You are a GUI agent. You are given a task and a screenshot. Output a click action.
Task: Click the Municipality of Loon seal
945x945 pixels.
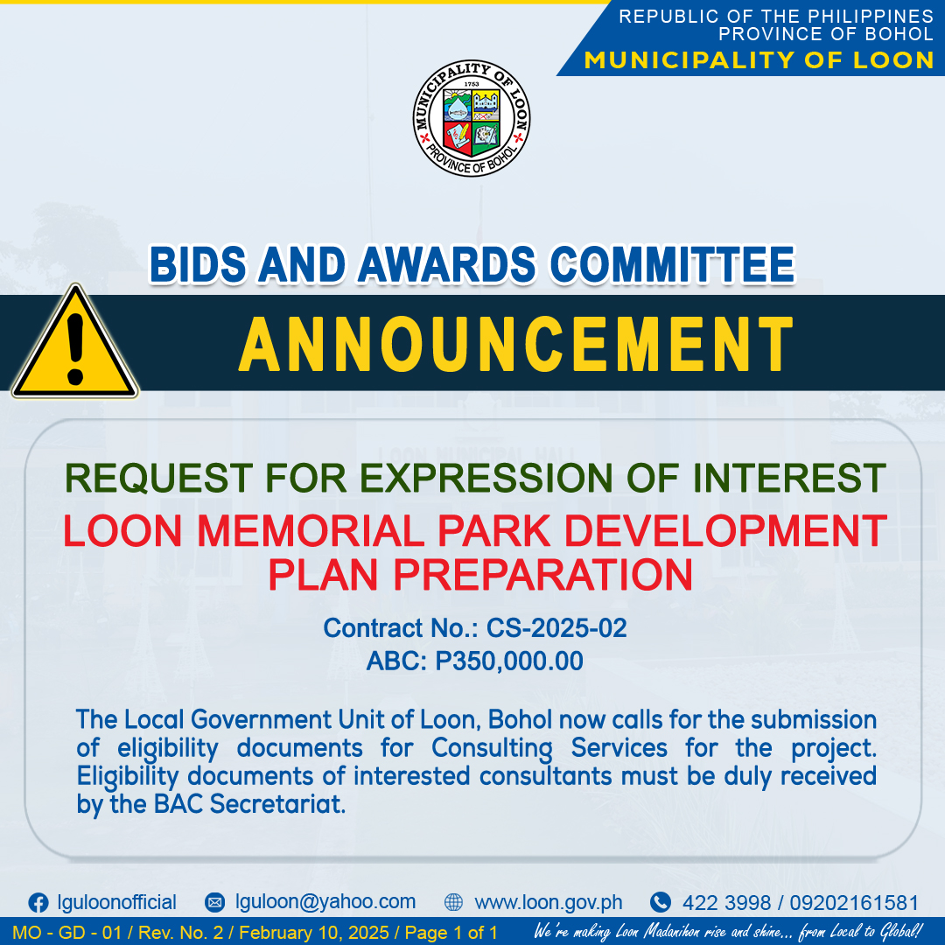click(472, 118)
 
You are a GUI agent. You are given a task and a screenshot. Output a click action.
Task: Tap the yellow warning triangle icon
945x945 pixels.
click(74, 343)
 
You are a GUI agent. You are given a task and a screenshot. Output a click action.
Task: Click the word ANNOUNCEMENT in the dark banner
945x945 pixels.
click(516, 344)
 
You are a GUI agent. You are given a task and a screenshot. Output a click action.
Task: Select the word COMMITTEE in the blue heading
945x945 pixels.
click(673, 264)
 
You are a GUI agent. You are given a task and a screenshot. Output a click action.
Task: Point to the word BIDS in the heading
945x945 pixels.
click(199, 264)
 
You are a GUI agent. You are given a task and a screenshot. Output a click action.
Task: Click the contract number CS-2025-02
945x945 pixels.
click(556, 628)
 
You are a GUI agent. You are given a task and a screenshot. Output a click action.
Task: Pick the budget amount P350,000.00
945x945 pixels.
click(509, 661)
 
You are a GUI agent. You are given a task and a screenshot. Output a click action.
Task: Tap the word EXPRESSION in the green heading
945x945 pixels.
click(486, 478)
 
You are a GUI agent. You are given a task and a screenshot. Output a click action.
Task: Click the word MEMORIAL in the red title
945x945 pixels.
click(311, 531)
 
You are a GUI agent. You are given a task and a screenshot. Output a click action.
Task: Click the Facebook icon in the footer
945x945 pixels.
click(38, 903)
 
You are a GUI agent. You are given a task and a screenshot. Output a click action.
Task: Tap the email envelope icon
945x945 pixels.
click(214, 902)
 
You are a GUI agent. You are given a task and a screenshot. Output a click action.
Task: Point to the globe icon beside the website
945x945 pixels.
click(453, 902)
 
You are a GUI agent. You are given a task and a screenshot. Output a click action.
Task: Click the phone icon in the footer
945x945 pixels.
click(661, 902)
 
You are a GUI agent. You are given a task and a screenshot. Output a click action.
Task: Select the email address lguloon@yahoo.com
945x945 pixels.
click(325, 901)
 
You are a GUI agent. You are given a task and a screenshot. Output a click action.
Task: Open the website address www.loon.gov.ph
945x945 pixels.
click(549, 902)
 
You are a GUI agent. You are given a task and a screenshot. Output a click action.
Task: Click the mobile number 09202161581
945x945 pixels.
click(854, 903)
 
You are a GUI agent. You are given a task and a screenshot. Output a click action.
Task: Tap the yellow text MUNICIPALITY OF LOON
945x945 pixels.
click(759, 60)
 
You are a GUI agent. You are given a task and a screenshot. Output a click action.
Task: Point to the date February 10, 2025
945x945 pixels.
click(314, 933)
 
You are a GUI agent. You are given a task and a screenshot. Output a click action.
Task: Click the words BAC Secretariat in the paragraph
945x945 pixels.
click(249, 804)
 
